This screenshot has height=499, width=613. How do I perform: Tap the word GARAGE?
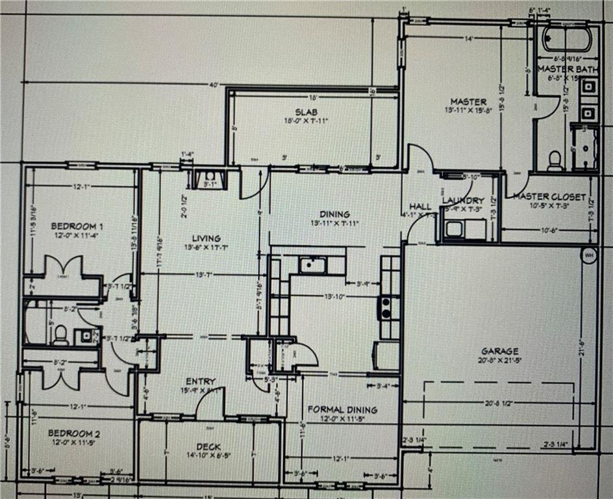pyautogui.click(x=500, y=352)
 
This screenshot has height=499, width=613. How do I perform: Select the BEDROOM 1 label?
pyautogui.click(x=77, y=226)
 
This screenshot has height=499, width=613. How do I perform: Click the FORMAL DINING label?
pyautogui.click(x=342, y=409)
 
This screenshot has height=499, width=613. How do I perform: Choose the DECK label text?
pyautogui.click(x=208, y=447)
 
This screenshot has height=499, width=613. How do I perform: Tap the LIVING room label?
pyautogui.click(x=206, y=238)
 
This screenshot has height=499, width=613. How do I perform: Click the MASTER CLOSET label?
pyautogui.click(x=549, y=196)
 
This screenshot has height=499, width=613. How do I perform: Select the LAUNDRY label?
pyautogui.click(x=463, y=201)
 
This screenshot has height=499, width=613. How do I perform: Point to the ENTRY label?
pyautogui.click(x=201, y=381)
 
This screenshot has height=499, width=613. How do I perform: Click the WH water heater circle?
pyautogui.click(x=589, y=255)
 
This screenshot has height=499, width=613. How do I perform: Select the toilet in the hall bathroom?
pyautogui.click(x=61, y=335)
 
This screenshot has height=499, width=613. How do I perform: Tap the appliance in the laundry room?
pyautogui.click(x=455, y=229)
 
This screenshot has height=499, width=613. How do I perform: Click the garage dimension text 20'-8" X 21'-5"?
pyautogui.click(x=500, y=361)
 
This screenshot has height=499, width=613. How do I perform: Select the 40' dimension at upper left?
pyautogui.click(x=212, y=84)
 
